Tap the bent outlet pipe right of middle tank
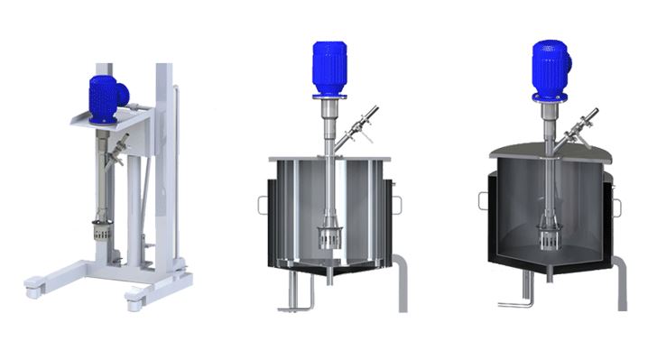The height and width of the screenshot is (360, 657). click(402, 280)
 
